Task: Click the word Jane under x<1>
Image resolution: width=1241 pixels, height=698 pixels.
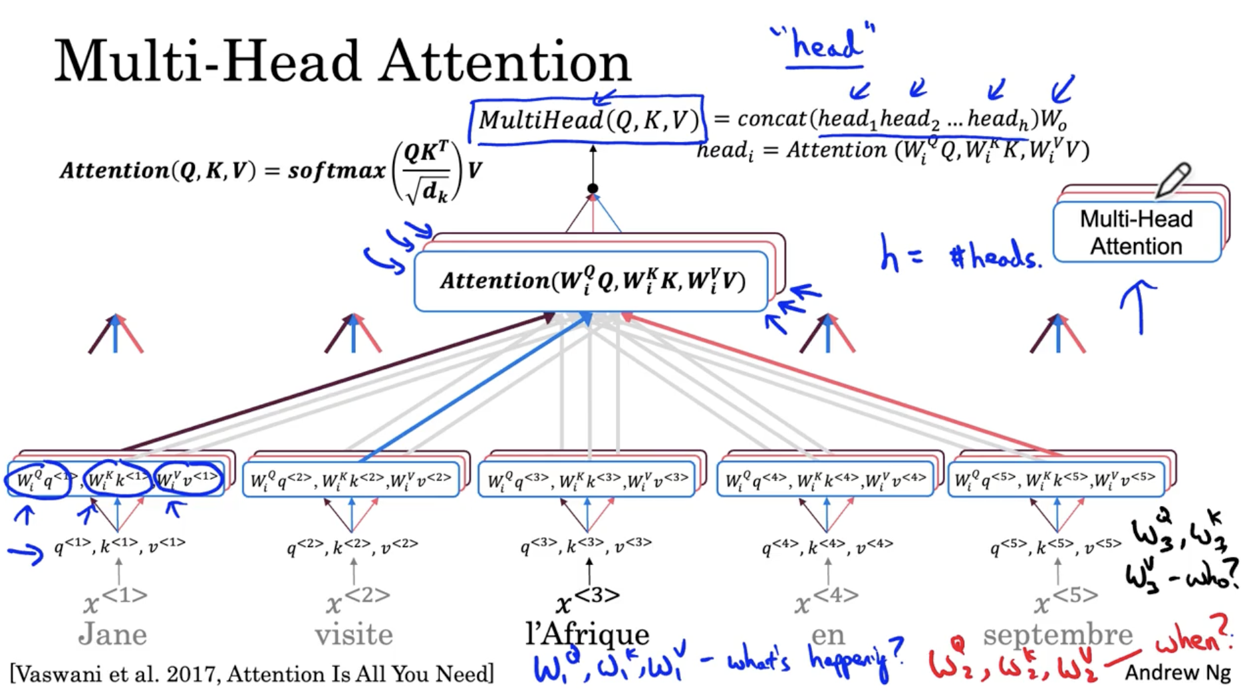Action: pyautogui.click(x=112, y=634)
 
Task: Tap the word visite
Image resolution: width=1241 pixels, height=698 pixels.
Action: pyautogui.click(x=354, y=634)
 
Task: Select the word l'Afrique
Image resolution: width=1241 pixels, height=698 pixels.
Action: pyautogui.click(x=587, y=634)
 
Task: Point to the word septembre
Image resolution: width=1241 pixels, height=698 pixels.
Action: pyautogui.click(x=1057, y=634)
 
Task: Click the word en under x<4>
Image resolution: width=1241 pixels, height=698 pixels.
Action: pyautogui.click(x=827, y=634)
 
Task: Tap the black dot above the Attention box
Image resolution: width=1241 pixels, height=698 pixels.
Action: pyautogui.click(x=593, y=189)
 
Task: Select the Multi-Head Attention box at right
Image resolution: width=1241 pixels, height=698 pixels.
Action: pyautogui.click(x=1137, y=232)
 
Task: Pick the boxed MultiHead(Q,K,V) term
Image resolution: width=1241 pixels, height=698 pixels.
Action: pyautogui.click(x=588, y=120)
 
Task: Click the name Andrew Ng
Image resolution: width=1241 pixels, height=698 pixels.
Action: pyautogui.click(x=1177, y=673)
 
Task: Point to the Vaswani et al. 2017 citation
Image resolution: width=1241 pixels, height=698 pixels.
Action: pyautogui.click(x=252, y=674)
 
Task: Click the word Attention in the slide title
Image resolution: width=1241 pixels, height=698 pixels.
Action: pyautogui.click(x=505, y=62)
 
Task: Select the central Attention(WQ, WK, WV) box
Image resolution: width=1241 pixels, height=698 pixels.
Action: pyautogui.click(x=591, y=281)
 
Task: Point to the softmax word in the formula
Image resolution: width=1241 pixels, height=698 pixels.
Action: pyautogui.click(x=337, y=171)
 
